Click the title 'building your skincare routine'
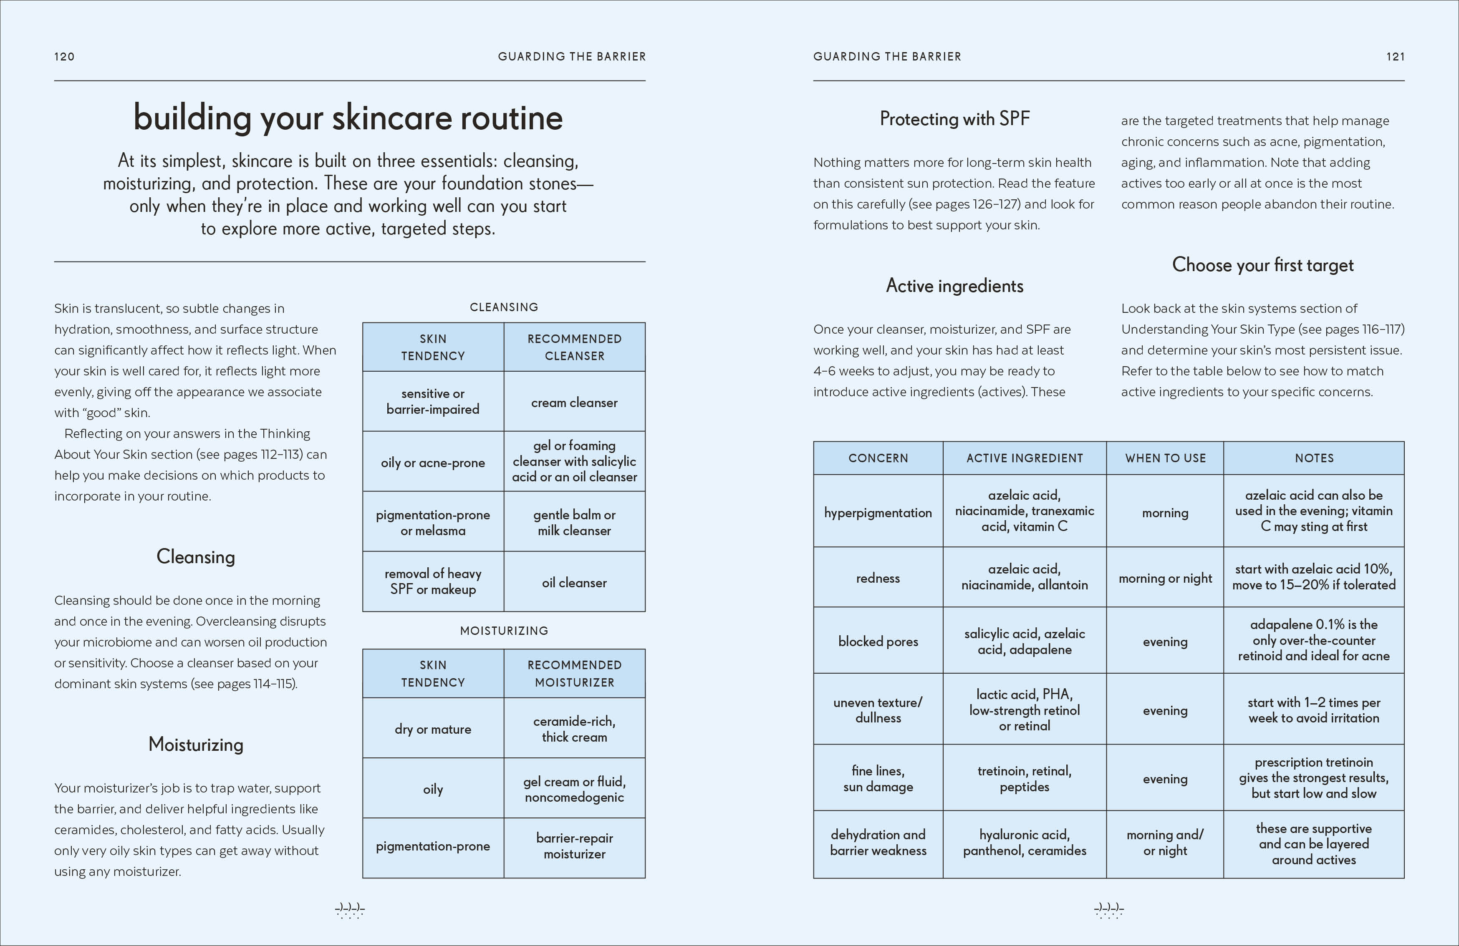click(x=348, y=118)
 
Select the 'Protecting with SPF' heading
click(x=954, y=118)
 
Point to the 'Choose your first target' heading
click(x=1262, y=265)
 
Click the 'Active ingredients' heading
click(x=954, y=286)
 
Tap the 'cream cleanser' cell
click(x=574, y=403)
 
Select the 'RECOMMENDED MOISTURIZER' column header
click(x=574, y=673)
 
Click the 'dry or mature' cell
click(x=433, y=729)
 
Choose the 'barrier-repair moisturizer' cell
click(x=574, y=846)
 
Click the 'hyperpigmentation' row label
click(x=878, y=513)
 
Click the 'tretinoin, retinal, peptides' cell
click(x=1025, y=779)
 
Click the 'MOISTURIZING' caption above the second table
click(x=504, y=631)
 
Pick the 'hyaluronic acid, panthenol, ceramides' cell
click(x=1025, y=843)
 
